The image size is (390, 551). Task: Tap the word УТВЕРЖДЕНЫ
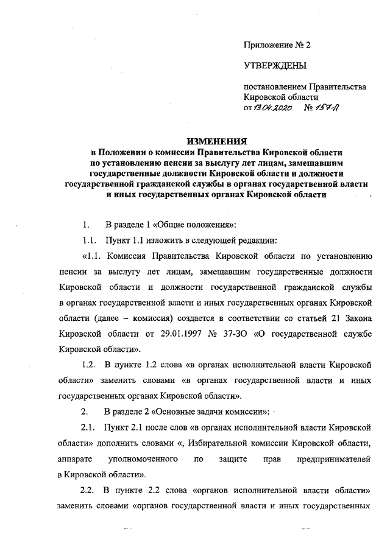tap(274, 65)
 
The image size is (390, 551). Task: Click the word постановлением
tap(274, 87)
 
